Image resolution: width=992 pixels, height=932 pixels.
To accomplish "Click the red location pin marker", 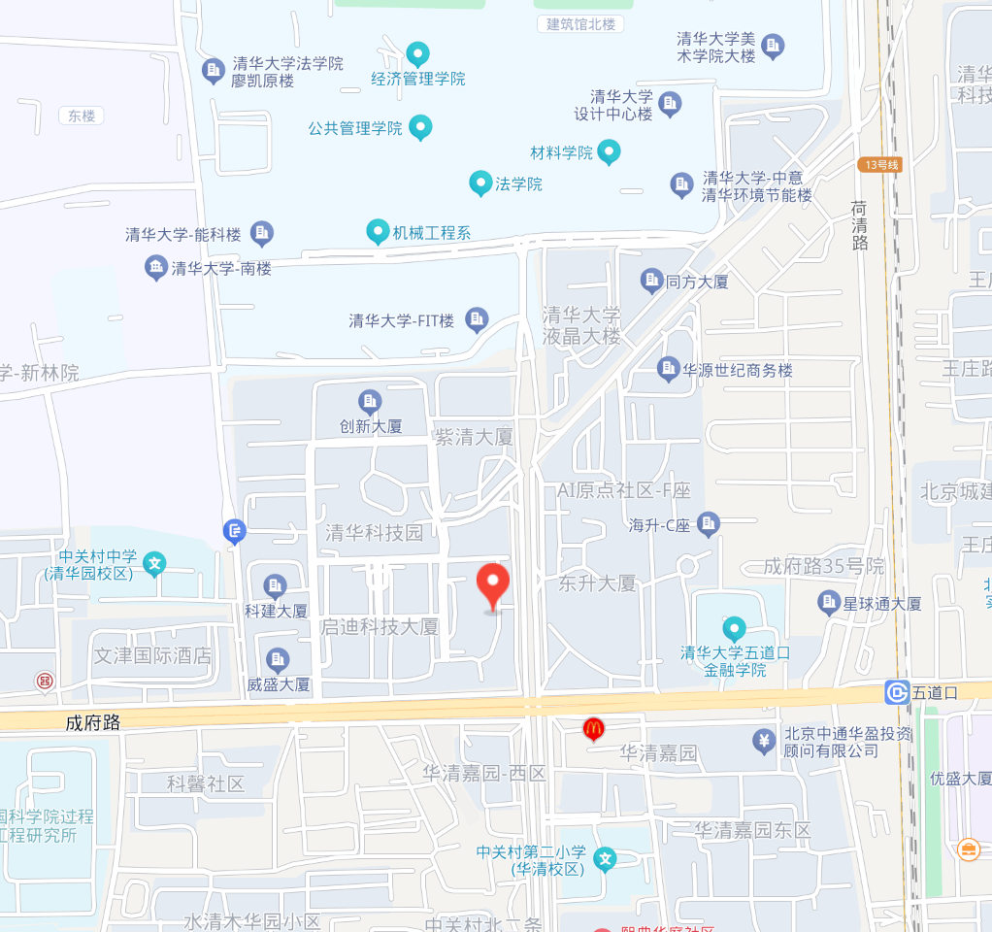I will click(x=494, y=585).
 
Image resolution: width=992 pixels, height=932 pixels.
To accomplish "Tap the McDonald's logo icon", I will click(x=593, y=728).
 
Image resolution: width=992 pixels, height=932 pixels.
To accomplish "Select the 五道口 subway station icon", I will click(x=896, y=692).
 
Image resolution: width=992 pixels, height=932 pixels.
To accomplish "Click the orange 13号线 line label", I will click(x=880, y=165).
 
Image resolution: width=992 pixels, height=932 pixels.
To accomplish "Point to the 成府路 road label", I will click(x=93, y=722).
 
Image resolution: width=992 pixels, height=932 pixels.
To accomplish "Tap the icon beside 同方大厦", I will click(x=651, y=282).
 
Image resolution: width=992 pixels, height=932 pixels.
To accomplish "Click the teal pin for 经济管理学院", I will click(x=417, y=53).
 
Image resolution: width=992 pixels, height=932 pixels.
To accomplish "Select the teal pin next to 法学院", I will click(x=479, y=183).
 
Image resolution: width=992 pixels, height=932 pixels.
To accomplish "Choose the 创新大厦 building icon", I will click(x=370, y=401).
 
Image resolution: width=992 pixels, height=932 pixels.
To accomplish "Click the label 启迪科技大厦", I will click(x=380, y=627).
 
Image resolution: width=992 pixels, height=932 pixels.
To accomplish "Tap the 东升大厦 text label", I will click(x=597, y=583).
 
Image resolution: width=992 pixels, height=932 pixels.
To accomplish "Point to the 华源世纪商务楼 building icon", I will click(x=668, y=369).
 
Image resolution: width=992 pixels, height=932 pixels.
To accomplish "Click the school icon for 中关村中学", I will click(x=153, y=563).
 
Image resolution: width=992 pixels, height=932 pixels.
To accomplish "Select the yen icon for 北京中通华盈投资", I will click(x=764, y=742).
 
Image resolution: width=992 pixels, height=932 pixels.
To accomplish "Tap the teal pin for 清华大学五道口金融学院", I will click(x=734, y=629).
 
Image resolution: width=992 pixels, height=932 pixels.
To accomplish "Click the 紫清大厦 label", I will click(x=473, y=437).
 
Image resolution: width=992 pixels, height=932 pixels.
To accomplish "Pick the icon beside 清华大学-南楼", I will click(x=155, y=268).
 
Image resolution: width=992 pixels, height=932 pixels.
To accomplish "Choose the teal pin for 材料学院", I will click(x=609, y=151).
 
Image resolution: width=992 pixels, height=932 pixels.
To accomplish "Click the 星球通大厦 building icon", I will click(x=828, y=603).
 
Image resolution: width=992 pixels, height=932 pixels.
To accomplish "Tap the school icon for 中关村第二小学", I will click(x=605, y=859).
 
